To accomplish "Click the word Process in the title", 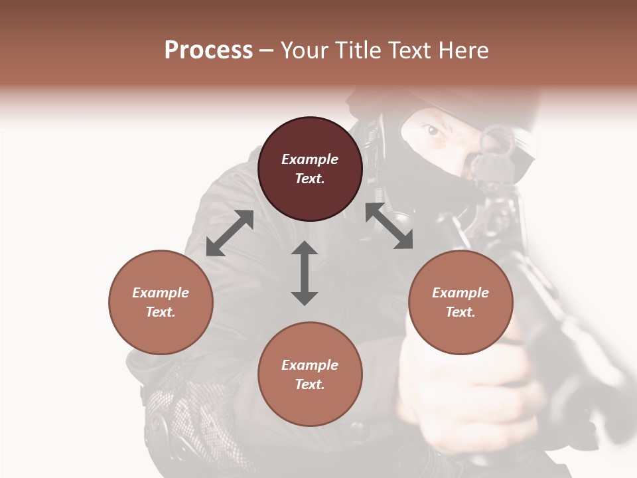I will tap(208, 50).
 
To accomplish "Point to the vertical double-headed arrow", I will tap(305, 273).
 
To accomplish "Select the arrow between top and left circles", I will tap(230, 233).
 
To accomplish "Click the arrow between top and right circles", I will tap(389, 226).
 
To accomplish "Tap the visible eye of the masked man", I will tap(433, 131).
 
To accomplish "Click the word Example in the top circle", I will tap(310, 159).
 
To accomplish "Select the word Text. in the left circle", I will tap(161, 312).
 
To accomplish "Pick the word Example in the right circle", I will tap(460, 293).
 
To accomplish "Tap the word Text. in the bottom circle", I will tap(310, 384).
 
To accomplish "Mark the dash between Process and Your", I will tap(266, 51).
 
